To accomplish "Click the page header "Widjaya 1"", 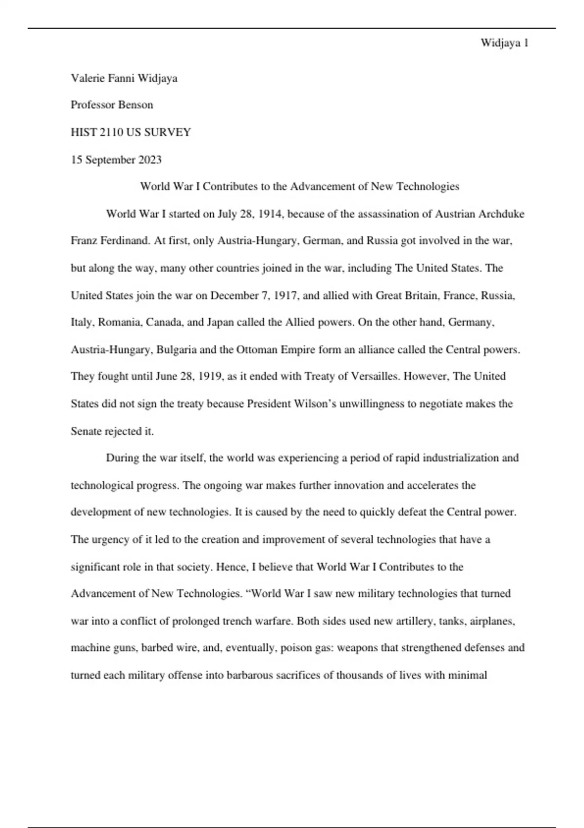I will tap(504, 43).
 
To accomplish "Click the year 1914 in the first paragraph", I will tap(270, 214).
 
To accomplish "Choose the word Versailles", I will tap(373, 376).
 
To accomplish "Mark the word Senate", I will tap(86, 431).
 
